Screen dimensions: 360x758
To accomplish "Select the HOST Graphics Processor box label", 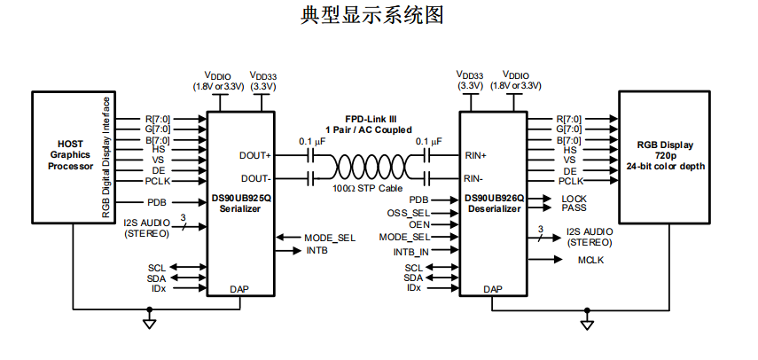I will [70, 154].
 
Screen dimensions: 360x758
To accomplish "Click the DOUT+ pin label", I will [255, 154].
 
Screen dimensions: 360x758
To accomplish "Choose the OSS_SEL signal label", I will [409, 213].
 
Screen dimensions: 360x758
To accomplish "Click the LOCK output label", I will [574, 199].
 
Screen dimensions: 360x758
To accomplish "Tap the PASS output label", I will [574, 207].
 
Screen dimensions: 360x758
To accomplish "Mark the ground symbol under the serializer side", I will [149, 321].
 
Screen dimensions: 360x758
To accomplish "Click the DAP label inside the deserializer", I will [494, 289].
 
